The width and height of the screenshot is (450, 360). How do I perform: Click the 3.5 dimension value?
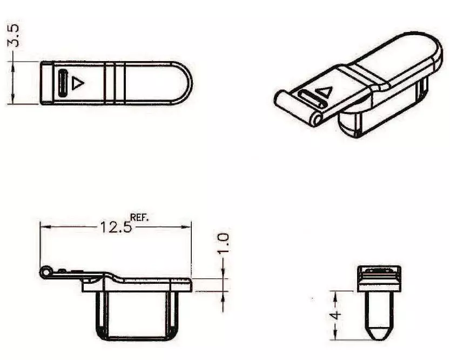pyautogui.click(x=14, y=35)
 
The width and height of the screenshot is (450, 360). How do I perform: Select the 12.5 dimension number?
pyautogui.click(x=116, y=228)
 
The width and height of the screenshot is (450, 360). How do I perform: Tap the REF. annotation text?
pyautogui.click(x=140, y=217)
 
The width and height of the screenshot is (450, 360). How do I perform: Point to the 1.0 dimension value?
pyautogui.click(x=223, y=243)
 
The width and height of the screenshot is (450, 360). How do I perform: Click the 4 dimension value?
pyautogui.click(x=335, y=315)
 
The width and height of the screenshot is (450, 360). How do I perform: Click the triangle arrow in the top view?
pyautogui.click(x=77, y=83)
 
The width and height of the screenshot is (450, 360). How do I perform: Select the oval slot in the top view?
pyautogui.click(x=63, y=83)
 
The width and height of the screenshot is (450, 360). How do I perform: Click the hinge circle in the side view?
pyautogui.click(x=45, y=272)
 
